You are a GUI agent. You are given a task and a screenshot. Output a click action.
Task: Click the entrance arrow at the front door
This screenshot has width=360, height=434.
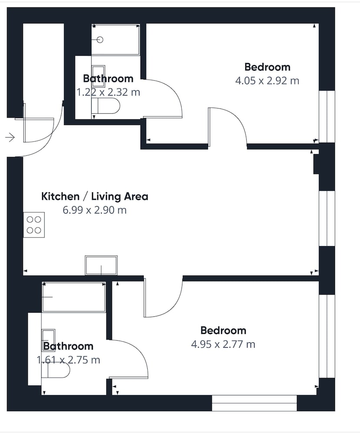[10, 137]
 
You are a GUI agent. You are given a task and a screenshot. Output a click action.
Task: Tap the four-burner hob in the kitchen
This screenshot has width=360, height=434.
[34, 225]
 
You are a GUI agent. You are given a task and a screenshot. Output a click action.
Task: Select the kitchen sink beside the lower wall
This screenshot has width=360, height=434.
[101, 266]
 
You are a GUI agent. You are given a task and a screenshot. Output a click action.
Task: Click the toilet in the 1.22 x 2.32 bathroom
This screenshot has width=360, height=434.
[108, 106]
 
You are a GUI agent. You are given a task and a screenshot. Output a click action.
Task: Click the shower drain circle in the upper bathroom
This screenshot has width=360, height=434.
[100, 40]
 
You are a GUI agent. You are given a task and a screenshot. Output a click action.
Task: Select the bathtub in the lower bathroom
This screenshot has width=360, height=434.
[74, 297]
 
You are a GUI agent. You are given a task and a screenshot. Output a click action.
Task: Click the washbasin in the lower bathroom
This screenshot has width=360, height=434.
[49, 340]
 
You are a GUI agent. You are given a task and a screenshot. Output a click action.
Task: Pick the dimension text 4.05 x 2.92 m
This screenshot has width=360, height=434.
[267, 81]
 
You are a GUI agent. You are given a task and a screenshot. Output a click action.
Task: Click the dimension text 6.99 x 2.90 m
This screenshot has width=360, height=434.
[94, 210]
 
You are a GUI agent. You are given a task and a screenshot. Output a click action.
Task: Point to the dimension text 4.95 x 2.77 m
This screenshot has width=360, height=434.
[223, 344]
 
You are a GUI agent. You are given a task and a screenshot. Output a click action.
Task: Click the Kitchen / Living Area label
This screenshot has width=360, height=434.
[95, 197]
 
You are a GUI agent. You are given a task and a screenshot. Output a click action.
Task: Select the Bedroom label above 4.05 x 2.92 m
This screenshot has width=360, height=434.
[268, 67]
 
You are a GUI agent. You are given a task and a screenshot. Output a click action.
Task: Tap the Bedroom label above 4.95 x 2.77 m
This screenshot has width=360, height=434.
[223, 330]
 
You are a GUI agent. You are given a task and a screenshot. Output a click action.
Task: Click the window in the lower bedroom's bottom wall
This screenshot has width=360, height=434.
[254, 403]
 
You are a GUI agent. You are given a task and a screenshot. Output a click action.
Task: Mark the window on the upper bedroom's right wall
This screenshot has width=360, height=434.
[327, 116]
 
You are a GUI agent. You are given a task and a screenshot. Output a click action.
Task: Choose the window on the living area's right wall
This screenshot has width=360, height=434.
[327, 218]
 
